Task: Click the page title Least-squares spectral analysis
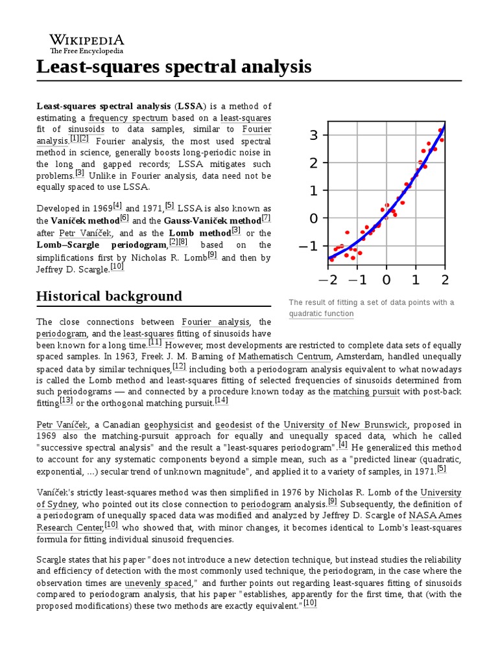tap(174, 66)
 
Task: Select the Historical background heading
tap(109, 297)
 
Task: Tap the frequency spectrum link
tap(128, 118)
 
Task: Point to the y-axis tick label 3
tap(314, 135)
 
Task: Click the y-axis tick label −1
tap(309, 247)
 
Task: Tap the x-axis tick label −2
tap(326, 280)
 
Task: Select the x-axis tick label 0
tap(386, 280)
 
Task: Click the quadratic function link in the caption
tap(321, 314)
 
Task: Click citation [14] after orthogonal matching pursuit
tap(222, 401)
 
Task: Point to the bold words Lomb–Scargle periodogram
tap(102, 245)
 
